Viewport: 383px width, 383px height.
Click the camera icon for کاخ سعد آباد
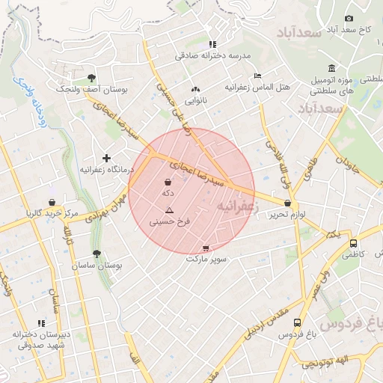pyautogui.click(x=349, y=19)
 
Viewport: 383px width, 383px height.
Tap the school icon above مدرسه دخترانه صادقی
pyautogui.click(x=212, y=44)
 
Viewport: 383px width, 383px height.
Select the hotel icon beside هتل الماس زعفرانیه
pyautogui.click(x=258, y=76)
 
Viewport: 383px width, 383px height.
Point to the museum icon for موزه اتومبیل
pyautogui.click(x=331, y=67)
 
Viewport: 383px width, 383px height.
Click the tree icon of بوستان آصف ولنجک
pyautogui.click(x=91, y=77)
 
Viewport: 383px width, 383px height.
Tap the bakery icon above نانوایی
pyautogui.click(x=196, y=88)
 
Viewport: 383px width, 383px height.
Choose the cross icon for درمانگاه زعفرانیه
pyautogui.click(x=106, y=158)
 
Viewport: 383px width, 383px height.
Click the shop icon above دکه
pyautogui.click(x=168, y=182)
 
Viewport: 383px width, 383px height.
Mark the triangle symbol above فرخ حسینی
pyautogui.click(x=169, y=210)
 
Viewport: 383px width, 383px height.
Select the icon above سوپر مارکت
pyautogui.click(x=206, y=248)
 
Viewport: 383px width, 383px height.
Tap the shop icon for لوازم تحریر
pyautogui.click(x=288, y=203)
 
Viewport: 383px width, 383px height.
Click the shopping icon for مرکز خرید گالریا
pyautogui.click(x=52, y=202)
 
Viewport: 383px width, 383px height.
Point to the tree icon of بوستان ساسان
pyautogui.click(x=97, y=254)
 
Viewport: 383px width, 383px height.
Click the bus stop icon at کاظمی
pyautogui.click(x=353, y=243)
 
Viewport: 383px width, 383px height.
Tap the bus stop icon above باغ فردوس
pyautogui.click(x=298, y=323)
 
